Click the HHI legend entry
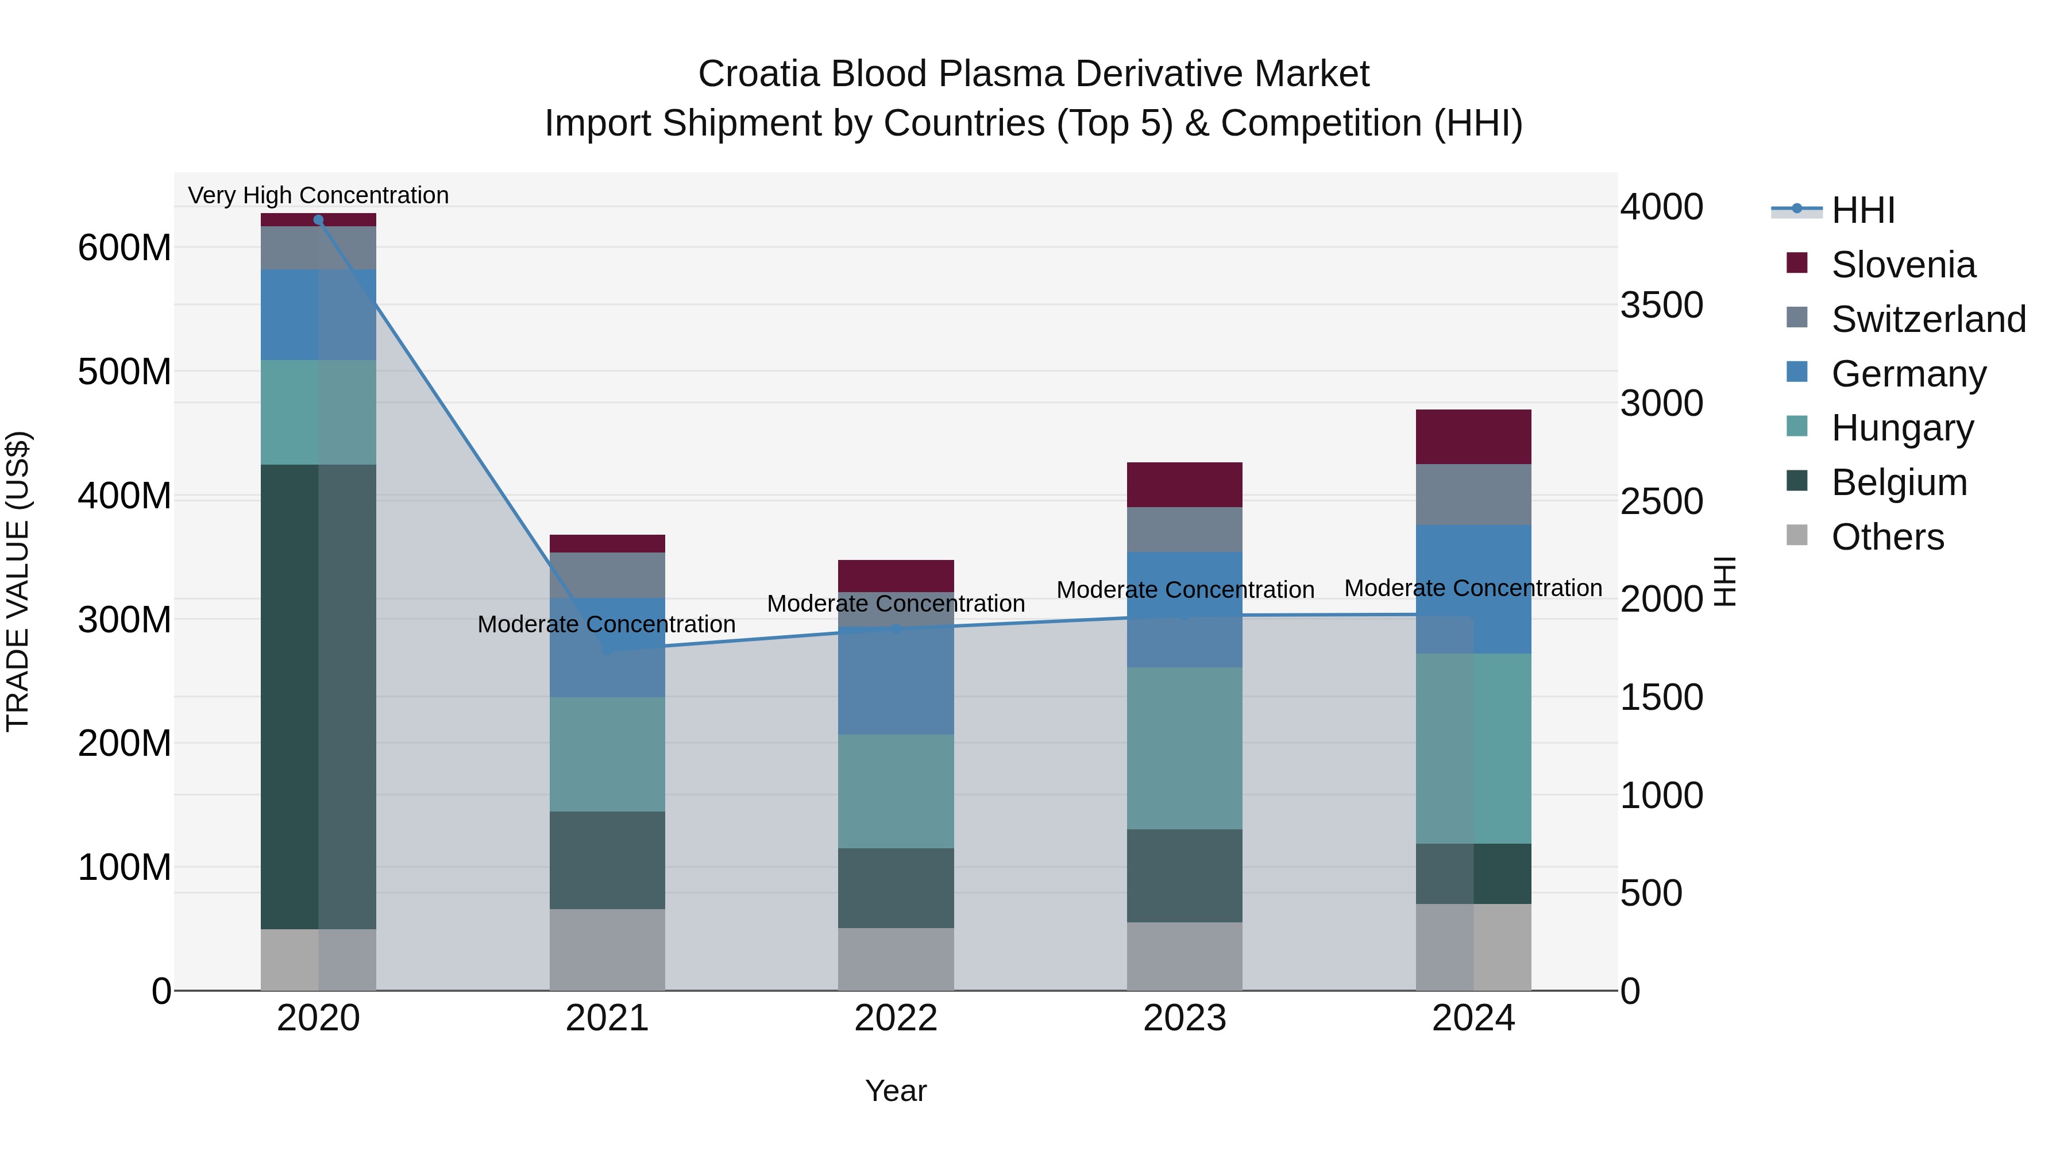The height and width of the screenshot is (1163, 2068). [1862, 210]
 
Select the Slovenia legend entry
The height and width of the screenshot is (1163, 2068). [1903, 265]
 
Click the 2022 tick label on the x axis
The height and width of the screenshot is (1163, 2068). [896, 1018]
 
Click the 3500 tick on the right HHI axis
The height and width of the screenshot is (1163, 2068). [1661, 305]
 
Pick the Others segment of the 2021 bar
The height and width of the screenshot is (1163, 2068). [607, 949]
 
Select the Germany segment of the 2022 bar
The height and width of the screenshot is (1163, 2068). [896, 681]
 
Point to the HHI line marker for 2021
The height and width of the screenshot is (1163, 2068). [607, 650]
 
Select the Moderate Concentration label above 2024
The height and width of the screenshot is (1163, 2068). [1473, 588]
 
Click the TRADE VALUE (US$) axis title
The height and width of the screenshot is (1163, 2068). [18, 581]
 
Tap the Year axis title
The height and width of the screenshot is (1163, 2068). [896, 1091]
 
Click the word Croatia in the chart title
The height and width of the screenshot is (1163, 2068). [759, 74]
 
